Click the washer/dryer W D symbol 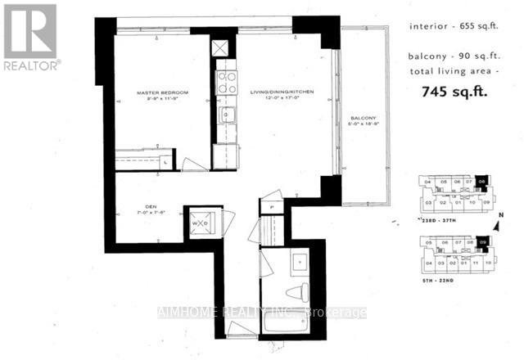201,222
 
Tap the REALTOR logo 30,37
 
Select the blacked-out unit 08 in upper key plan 482,181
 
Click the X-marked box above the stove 221,47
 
